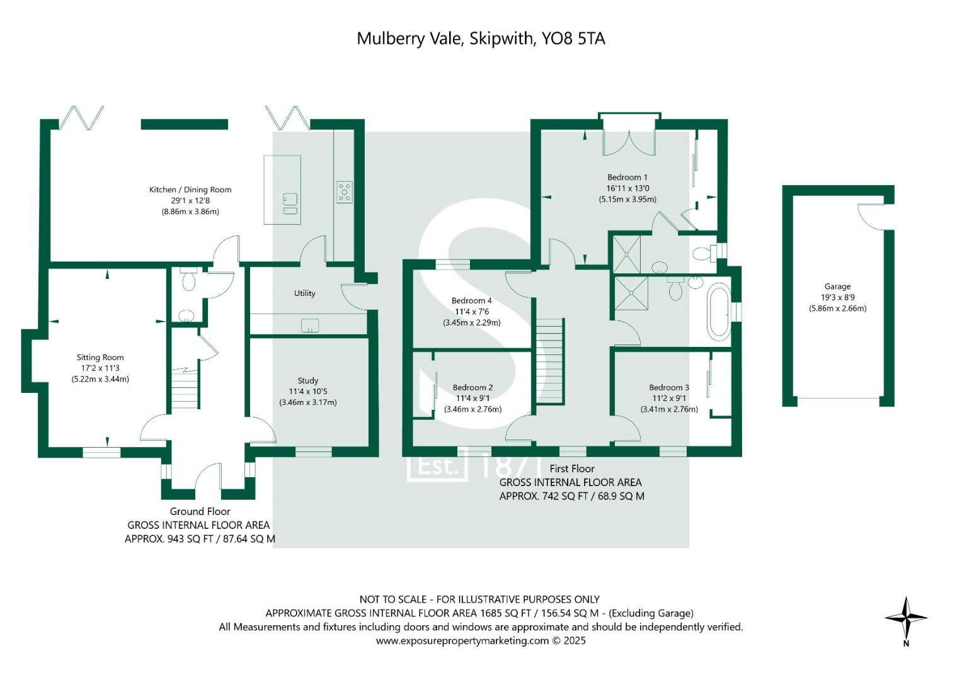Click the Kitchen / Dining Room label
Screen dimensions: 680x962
click(x=190, y=190)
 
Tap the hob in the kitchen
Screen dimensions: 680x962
click(x=344, y=191)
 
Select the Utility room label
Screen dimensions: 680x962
click(x=304, y=293)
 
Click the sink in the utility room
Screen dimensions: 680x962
click(x=309, y=326)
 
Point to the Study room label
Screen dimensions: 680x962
click(x=307, y=380)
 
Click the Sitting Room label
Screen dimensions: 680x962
click(x=100, y=358)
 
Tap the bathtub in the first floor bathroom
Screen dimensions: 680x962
click(x=718, y=312)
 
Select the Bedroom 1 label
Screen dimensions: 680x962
click(x=627, y=178)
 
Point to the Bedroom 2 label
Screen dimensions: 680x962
click(x=472, y=387)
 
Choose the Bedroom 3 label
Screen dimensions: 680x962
click(x=669, y=387)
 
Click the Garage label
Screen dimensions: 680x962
click(x=837, y=286)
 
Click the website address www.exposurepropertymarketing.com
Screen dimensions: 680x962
click(x=462, y=641)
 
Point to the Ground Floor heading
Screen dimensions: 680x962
click(x=200, y=511)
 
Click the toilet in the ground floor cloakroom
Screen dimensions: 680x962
click(x=188, y=281)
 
